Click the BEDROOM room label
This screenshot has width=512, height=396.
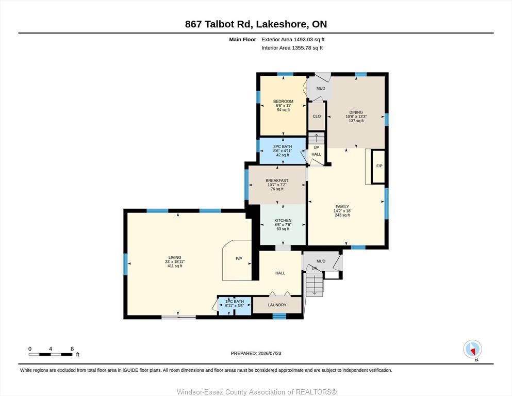tap(283, 102)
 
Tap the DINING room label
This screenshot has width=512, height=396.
tap(356, 112)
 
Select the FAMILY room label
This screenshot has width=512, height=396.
tap(342, 207)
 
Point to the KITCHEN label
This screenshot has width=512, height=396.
tap(283, 221)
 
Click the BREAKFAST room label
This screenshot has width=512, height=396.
tap(277, 180)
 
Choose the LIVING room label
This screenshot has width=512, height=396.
tap(175, 258)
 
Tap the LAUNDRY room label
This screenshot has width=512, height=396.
tap(277, 305)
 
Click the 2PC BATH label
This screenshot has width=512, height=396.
tap(283, 146)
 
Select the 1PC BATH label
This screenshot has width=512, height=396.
tap(235, 302)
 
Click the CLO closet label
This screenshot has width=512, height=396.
tap(317, 116)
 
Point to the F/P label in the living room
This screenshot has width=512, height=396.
tap(239, 258)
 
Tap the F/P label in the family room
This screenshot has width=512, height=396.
tap(379, 166)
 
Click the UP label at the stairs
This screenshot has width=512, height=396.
tap(316, 147)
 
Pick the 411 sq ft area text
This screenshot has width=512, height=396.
tap(175, 266)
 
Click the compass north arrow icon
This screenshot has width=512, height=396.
tap(472, 350)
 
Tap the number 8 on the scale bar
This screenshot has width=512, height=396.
tap(72, 349)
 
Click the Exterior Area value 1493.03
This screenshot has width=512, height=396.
tap(303, 40)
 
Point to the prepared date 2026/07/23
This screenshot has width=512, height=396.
tap(270, 353)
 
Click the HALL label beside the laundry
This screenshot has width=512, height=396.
tap(280, 273)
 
